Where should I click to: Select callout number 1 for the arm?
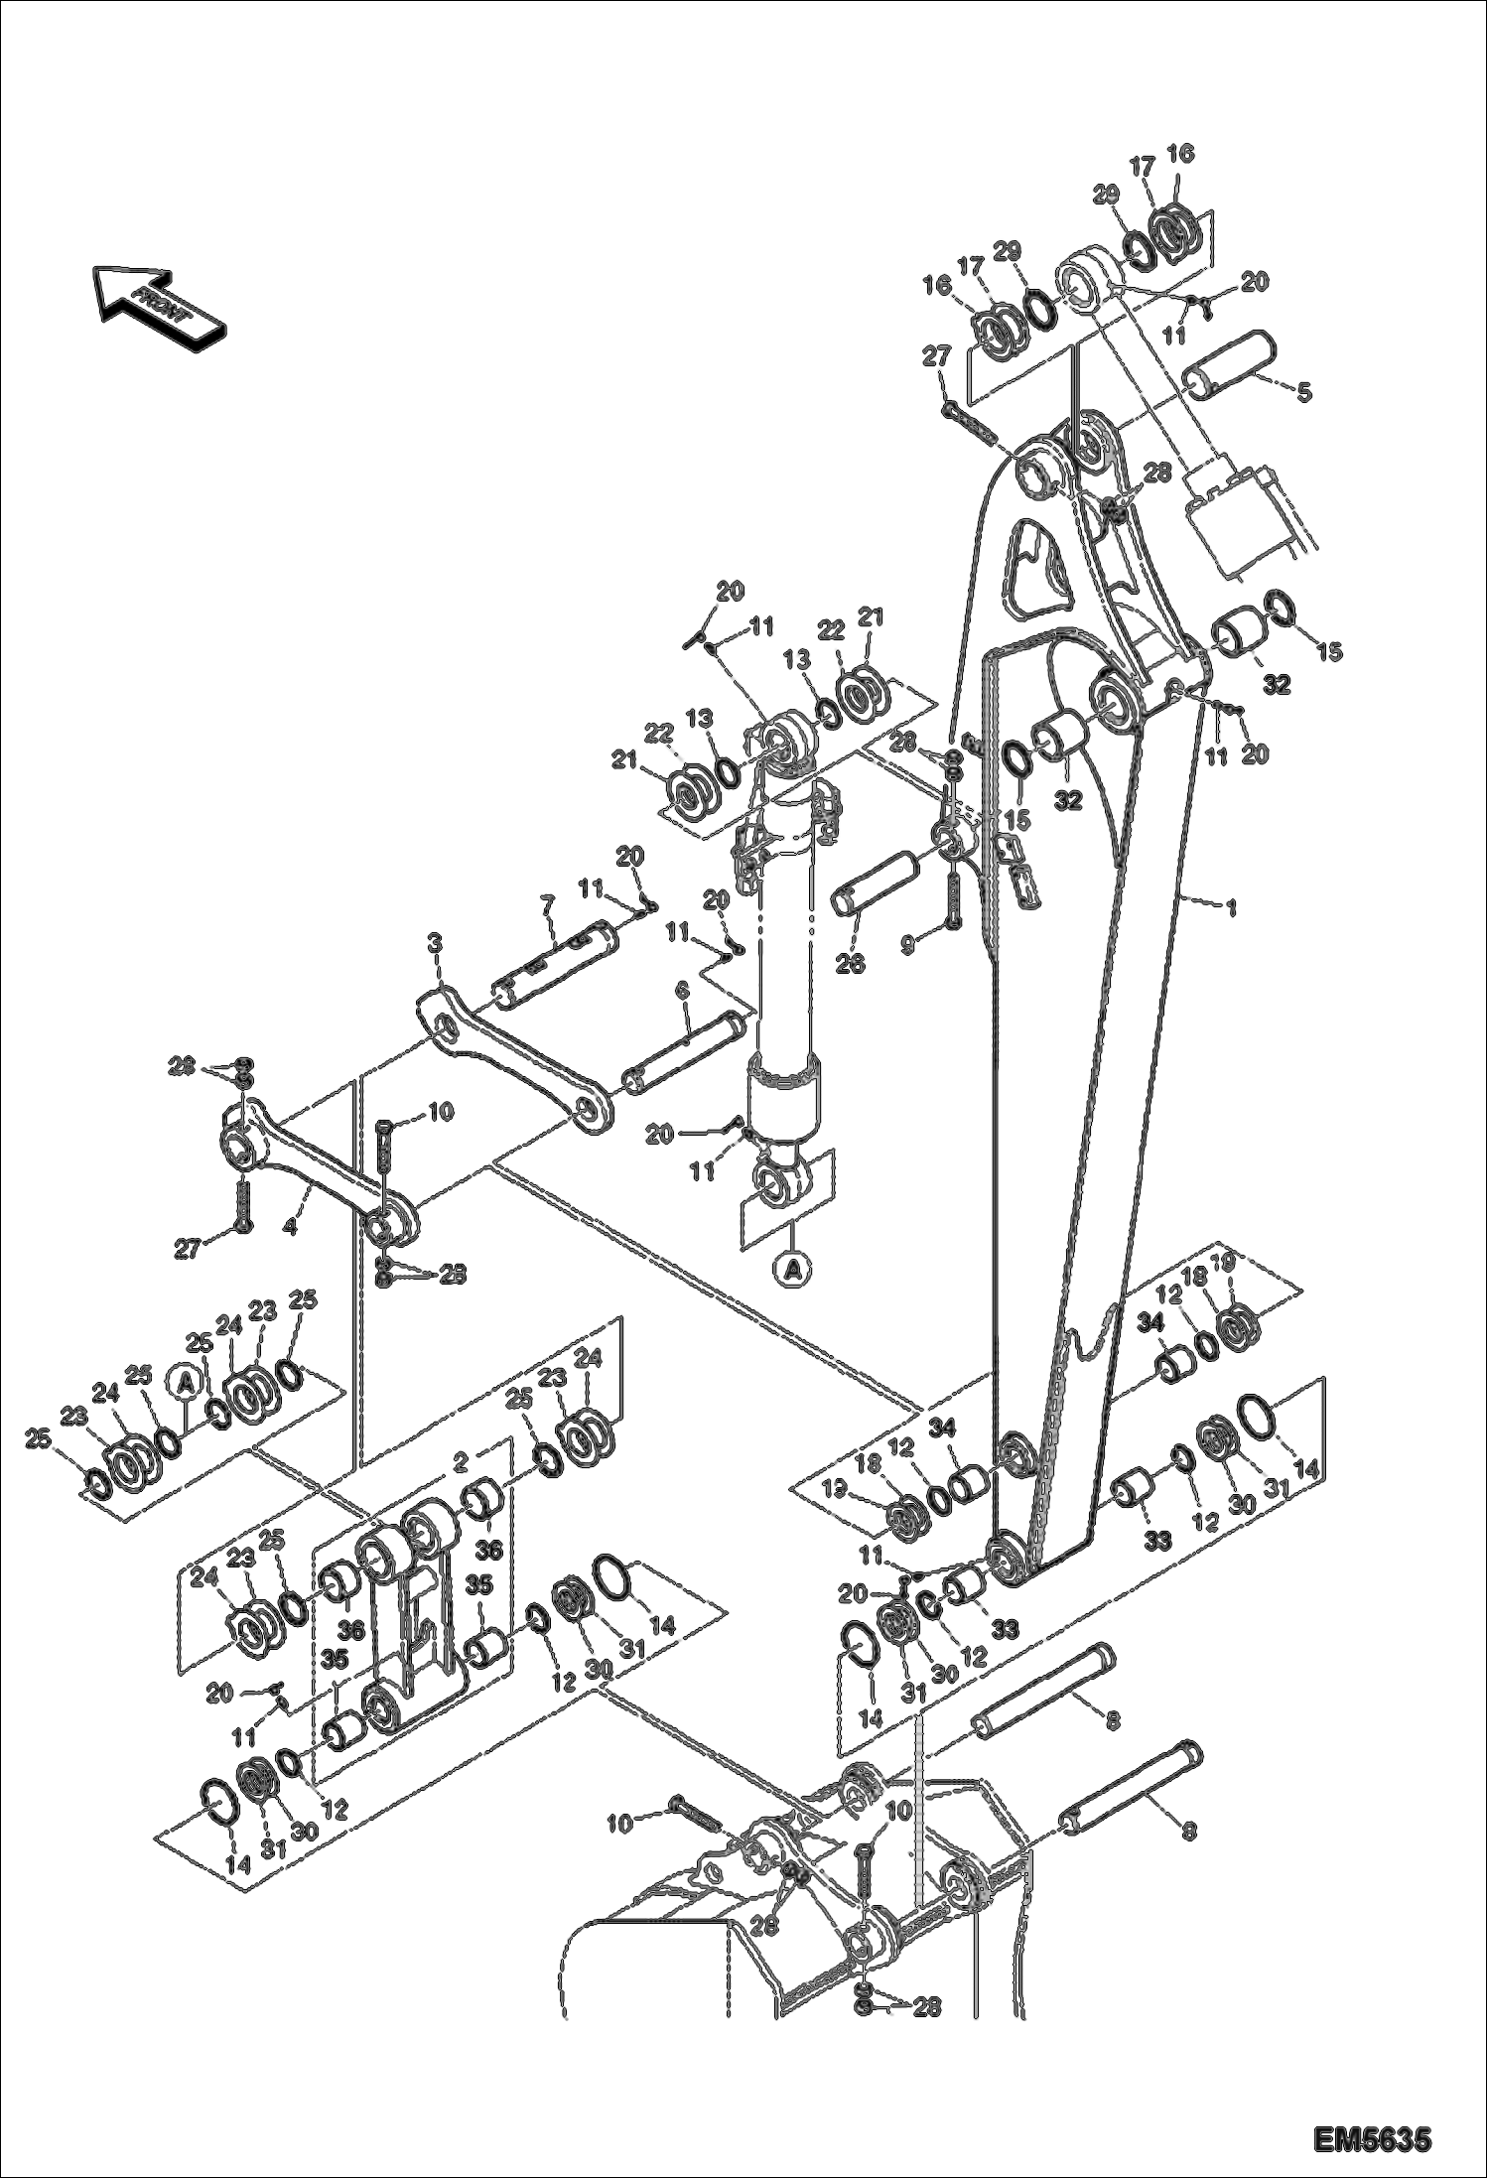(1232, 906)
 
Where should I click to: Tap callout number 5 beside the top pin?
(1304, 392)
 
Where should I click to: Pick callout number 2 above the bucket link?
(461, 1461)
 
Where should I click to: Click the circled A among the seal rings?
(186, 1380)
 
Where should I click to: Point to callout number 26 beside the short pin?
(851, 962)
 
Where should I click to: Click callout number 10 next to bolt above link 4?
(440, 1113)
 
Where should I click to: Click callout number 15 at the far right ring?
(1328, 652)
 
